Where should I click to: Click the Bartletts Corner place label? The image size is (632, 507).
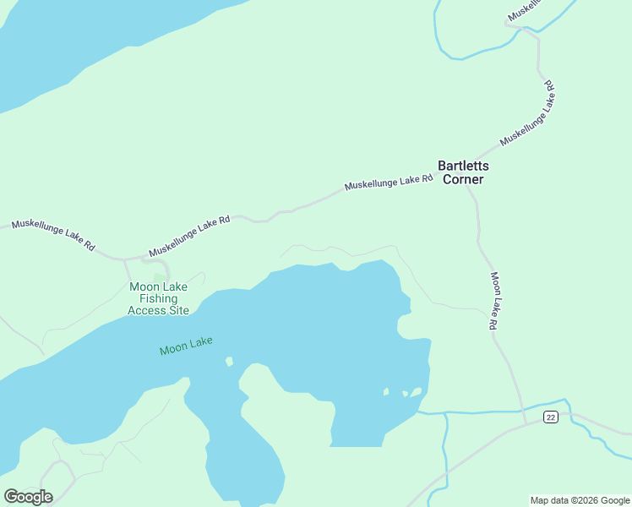[462, 172]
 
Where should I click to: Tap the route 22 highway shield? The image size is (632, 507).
[551, 417]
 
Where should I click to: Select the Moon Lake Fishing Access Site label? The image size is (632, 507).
[158, 298]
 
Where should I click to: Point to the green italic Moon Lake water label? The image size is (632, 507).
[186, 346]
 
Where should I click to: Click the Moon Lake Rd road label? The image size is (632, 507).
[498, 301]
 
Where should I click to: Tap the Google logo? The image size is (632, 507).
[28, 496]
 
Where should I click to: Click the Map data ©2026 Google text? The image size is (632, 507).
[580, 500]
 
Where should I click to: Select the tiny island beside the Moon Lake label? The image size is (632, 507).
[228, 362]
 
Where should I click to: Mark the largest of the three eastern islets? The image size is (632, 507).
[416, 392]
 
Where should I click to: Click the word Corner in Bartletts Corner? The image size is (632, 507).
[462, 179]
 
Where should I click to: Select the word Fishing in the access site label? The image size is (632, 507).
[158, 298]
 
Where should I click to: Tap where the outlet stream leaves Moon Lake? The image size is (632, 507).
[419, 412]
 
